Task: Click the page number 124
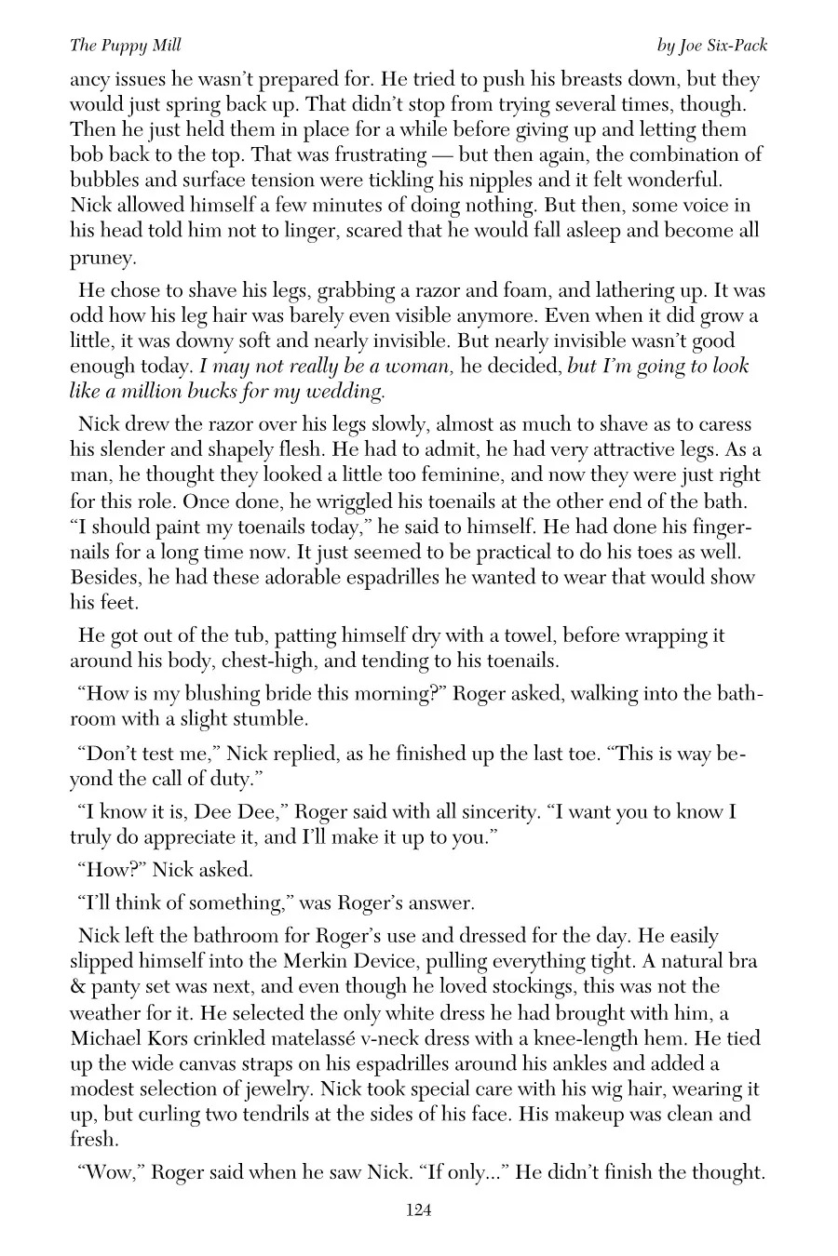click(418, 1210)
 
